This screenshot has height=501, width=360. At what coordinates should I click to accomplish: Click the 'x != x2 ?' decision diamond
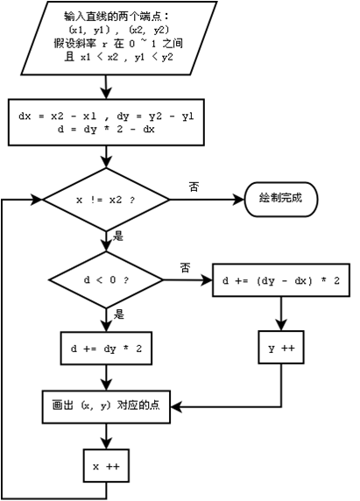coord(106,200)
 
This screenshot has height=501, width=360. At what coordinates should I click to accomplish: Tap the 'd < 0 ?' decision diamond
coord(106,281)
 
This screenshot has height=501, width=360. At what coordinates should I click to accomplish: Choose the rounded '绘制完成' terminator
coord(280,198)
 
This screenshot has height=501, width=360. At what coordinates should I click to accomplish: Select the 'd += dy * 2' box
coord(106,348)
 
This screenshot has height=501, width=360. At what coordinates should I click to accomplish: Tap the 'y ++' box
coord(279,348)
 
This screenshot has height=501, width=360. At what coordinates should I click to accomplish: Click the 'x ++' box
coord(106,466)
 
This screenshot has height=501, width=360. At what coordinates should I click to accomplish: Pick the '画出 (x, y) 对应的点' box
coord(106,406)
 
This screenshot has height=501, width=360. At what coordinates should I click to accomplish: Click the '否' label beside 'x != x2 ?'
coord(194,187)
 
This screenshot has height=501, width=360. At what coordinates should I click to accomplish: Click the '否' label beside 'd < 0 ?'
coord(185,266)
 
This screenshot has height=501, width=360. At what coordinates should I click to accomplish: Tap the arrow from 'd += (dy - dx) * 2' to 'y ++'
coord(279,314)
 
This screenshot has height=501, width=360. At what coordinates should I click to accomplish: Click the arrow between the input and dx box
coord(106,88)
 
